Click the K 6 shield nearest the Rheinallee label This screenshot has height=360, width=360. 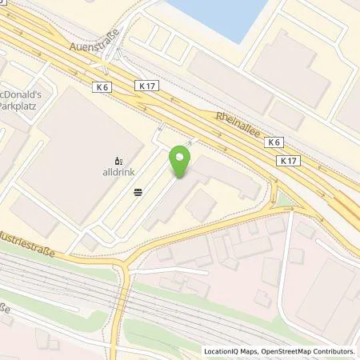[x=274, y=142]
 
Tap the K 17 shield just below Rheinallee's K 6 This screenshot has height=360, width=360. [x=289, y=160]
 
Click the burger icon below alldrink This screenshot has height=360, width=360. [x=138, y=190]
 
